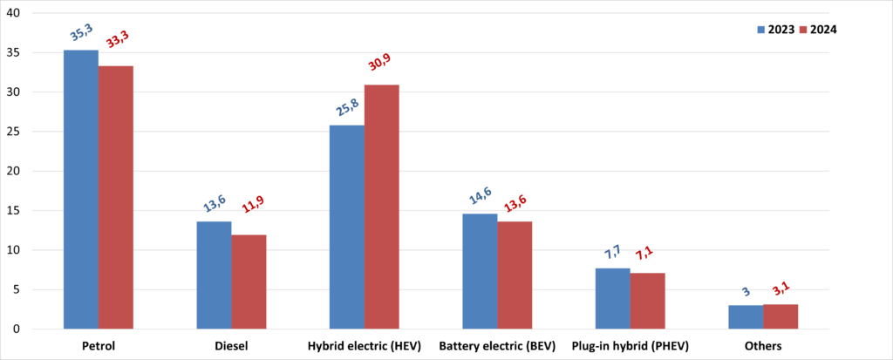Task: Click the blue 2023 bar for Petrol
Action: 81,189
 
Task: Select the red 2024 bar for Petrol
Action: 116,197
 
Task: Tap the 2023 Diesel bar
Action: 214,275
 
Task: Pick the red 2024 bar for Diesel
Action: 249,282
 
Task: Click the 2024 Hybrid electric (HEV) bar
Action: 381,207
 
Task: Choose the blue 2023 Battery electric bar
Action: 480,271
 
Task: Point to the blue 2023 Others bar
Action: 746,316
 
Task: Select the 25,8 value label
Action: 348,109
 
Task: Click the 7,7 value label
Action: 614,254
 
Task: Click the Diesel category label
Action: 231,346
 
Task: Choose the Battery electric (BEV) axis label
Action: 497,346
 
